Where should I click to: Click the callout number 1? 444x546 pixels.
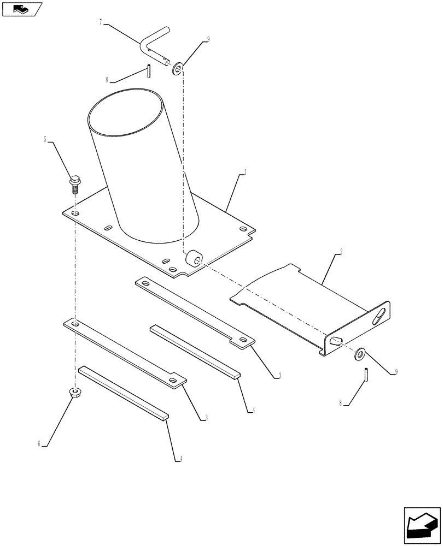pyautogui.click(x=246, y=173)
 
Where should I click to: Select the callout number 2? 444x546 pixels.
pyautogui.click(x=341, y=252)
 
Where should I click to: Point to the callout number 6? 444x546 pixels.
pyautogui.click(x=39, y=444)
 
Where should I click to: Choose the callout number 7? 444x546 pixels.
pyautogui.click(x=101, y=22)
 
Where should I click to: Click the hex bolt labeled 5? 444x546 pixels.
pyautogui.click(x=74, y=182)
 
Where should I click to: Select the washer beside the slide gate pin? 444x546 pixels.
pyautogui.click(x=360, y=354)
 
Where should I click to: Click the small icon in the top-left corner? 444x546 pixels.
pyautogui.click(x=22, y=9)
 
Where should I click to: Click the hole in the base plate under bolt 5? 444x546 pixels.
pyautogui.click(x=75, y=212)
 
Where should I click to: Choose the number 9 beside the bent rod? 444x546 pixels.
pyautogui.click(x=208, y=39)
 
